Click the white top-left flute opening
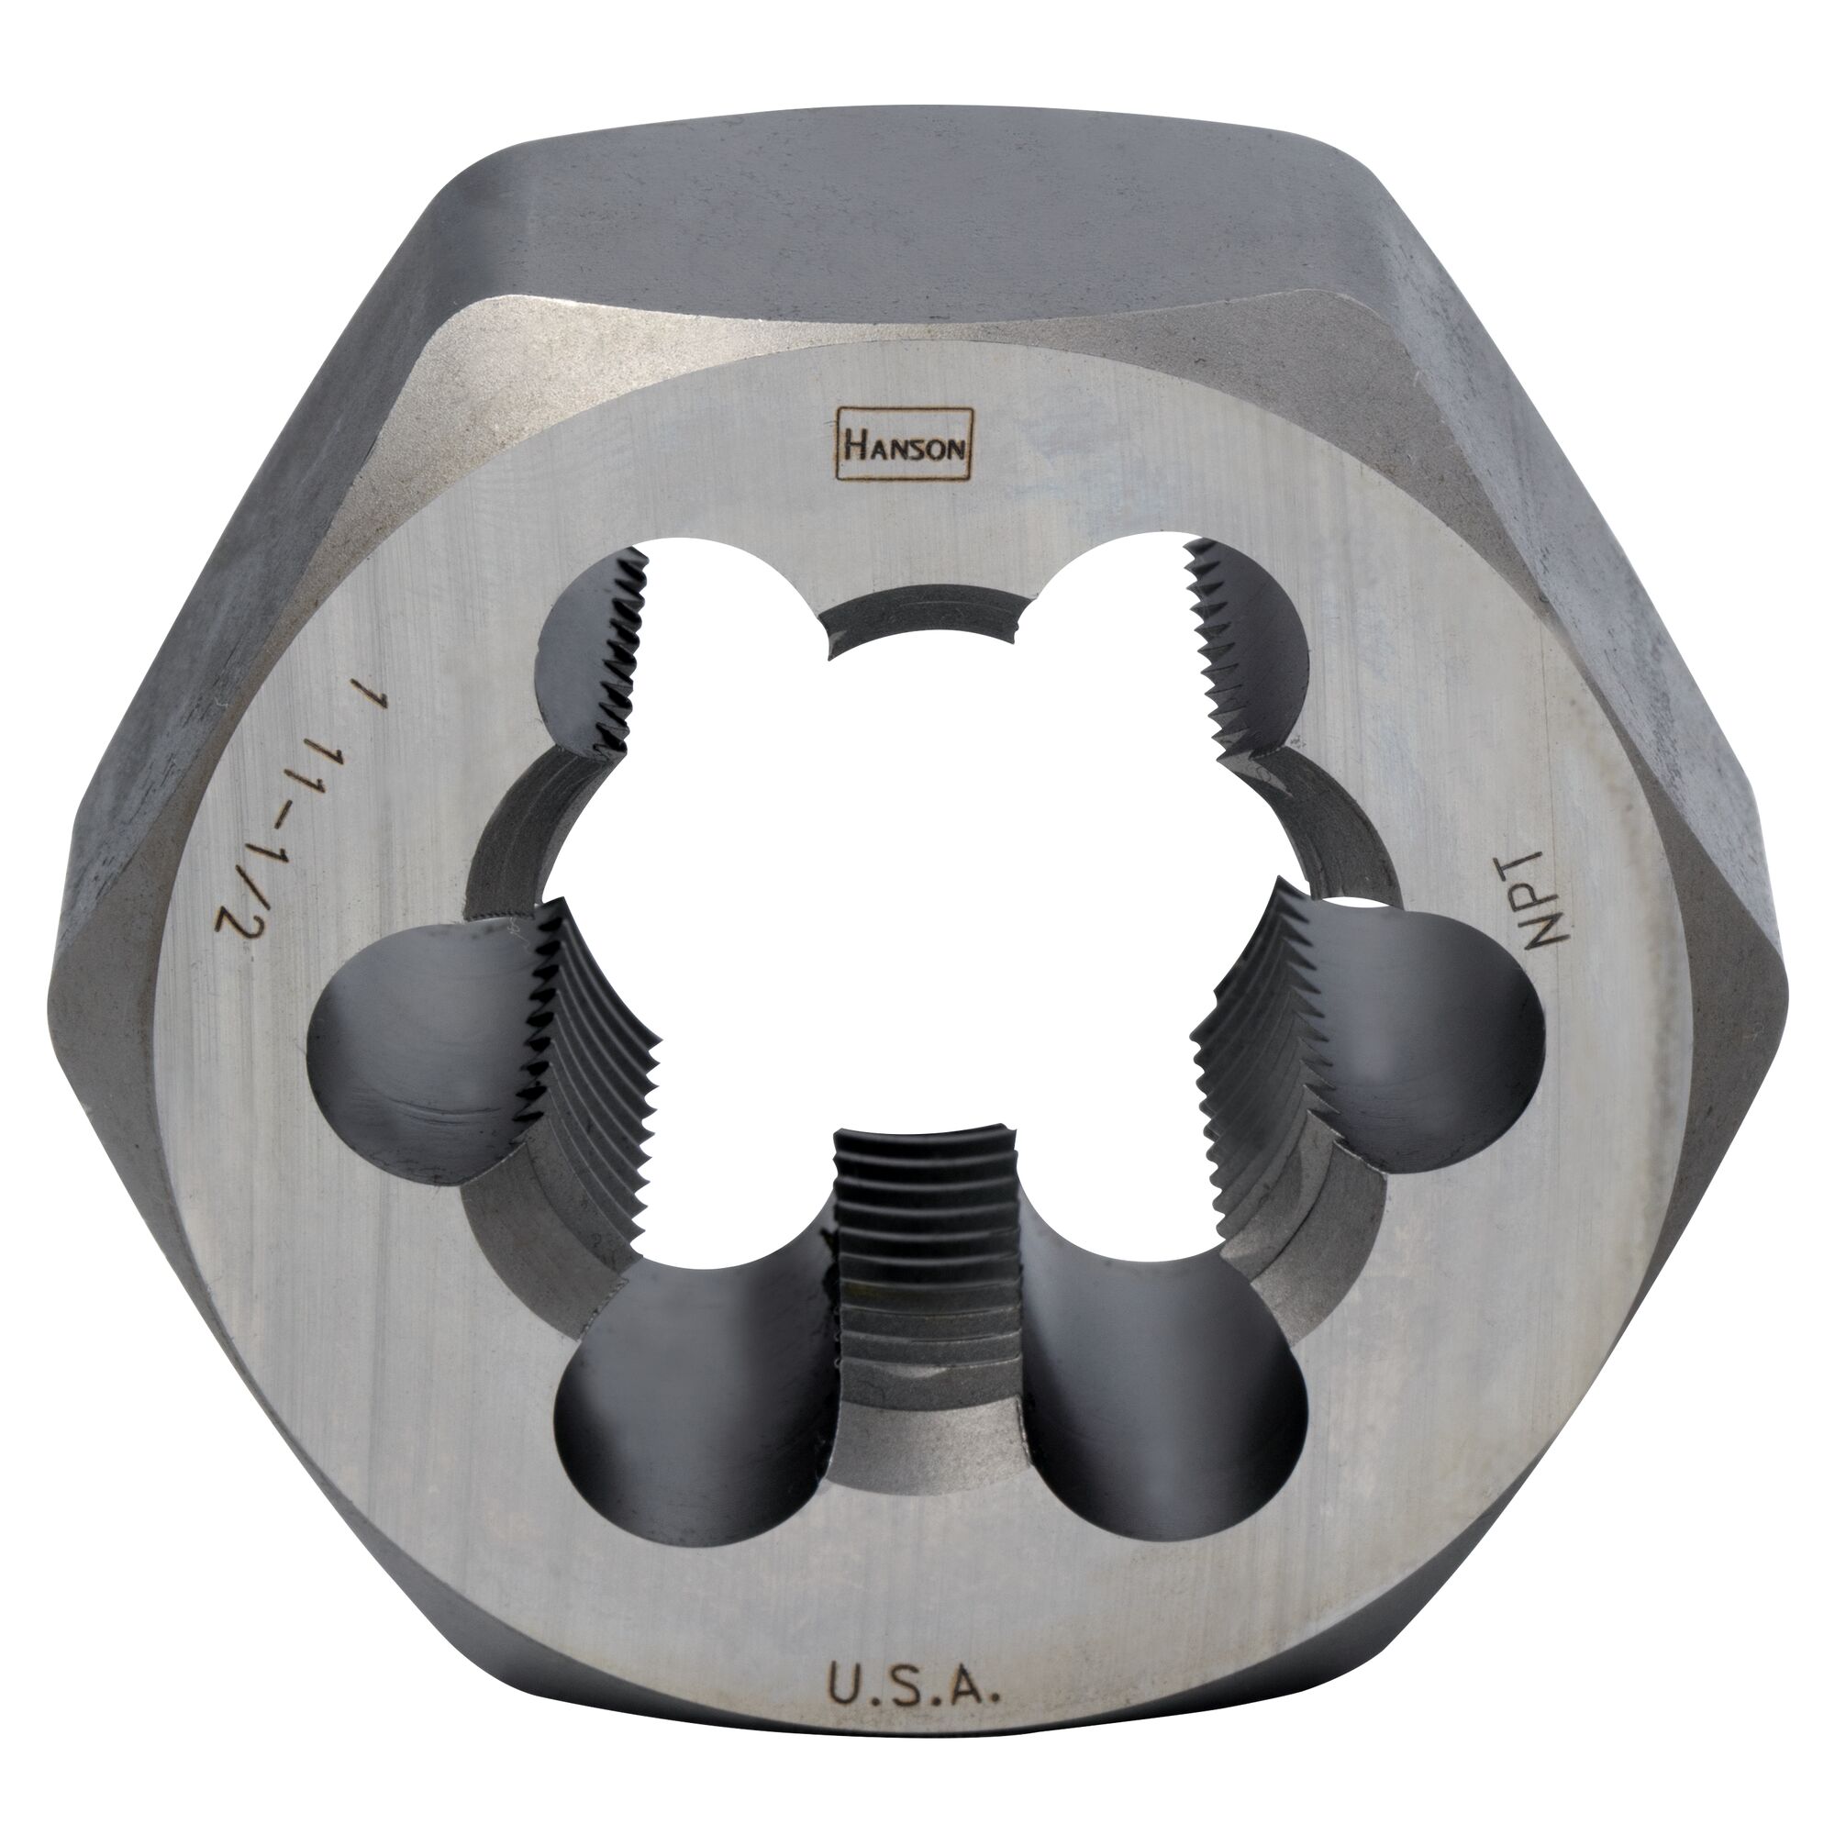tap(722, 608)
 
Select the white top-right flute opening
tap(1111, 608)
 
